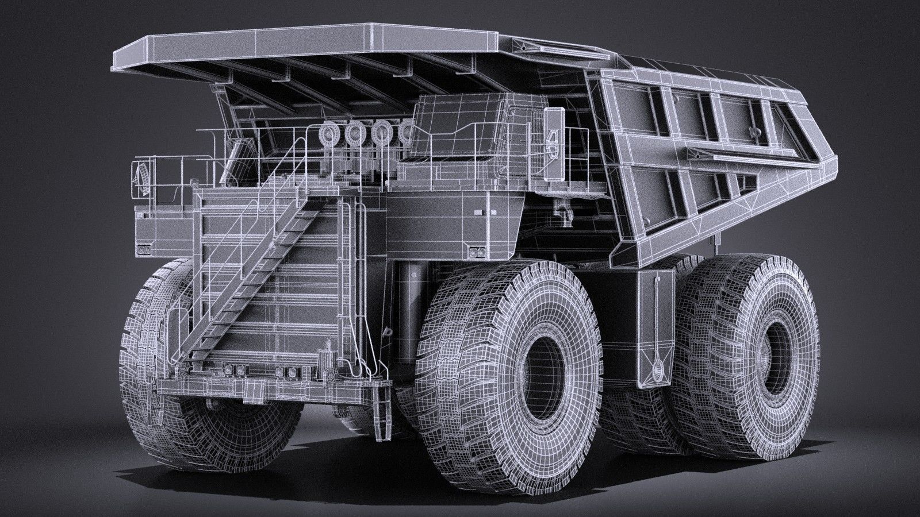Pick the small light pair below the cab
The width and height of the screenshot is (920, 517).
tap(475, 252)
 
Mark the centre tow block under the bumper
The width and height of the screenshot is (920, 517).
tap(251, 394)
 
